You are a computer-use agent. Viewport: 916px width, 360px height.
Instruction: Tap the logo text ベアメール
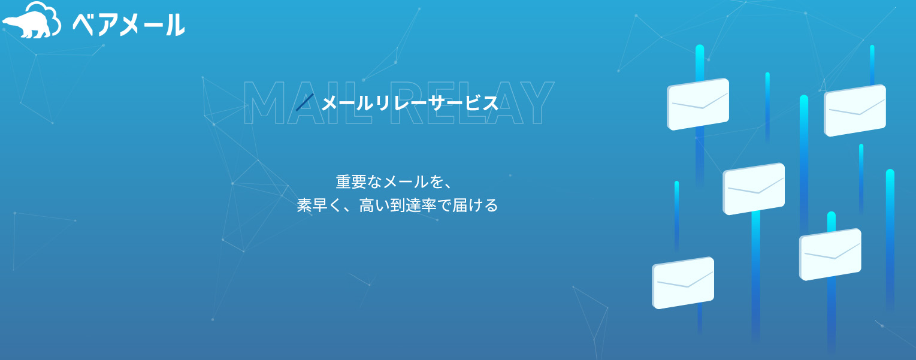click(x=128, y=25)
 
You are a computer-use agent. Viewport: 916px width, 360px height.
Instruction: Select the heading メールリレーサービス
click(x=410, y=103)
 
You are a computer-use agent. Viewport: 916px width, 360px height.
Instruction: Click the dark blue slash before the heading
click(x=305, y=102)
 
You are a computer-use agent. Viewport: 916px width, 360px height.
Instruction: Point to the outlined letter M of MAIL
click(x=264, y=102)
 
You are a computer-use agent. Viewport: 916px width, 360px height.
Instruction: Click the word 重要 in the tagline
click(x=351, y=181)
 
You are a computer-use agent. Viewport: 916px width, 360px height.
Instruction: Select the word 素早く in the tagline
click(x=319, y=205)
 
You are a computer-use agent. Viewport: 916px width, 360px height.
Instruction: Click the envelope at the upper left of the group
click(x=698, y=104)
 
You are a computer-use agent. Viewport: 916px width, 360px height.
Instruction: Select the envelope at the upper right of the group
click(x=855, y=110)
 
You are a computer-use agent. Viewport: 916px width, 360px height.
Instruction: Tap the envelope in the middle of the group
click(x=754, y=189)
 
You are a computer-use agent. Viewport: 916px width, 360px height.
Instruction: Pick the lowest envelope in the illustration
click(x=683, y=283)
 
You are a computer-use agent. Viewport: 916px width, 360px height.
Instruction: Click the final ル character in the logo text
click(x=175, y=25)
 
